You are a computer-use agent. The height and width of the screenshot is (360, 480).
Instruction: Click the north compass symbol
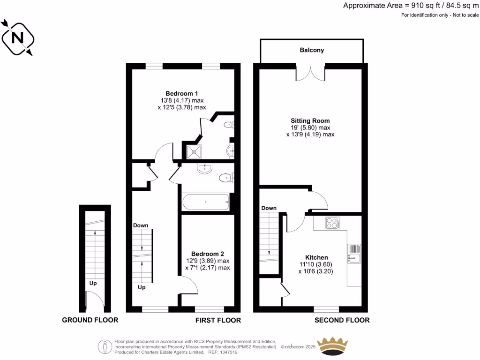click(17, 37)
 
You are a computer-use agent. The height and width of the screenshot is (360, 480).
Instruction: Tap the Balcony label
click(312, 50)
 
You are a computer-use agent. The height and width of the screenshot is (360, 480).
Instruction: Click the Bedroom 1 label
click(181, 93)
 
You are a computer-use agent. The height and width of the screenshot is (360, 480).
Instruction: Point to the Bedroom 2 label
click(207, 254)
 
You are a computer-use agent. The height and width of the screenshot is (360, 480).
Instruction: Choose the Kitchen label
click(316, 257)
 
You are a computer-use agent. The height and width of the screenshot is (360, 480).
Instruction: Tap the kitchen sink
click(354, 253)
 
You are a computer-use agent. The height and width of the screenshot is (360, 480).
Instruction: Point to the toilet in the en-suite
click(229, 125)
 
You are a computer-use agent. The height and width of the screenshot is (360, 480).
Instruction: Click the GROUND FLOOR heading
click(90, 320)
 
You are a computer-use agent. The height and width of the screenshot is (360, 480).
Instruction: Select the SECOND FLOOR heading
click(342, 320)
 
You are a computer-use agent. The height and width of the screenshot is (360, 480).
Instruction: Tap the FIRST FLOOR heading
click(218, 320)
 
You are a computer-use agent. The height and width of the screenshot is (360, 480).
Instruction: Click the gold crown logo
click(333, 346)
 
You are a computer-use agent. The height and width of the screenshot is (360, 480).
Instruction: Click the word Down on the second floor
click(269, 208)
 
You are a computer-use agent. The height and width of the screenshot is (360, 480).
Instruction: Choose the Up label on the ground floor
click(94, 283)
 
